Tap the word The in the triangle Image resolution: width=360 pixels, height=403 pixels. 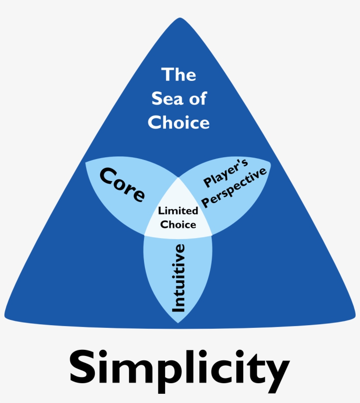[x=179, y=75]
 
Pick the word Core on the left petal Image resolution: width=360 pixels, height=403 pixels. [x=122, y=184]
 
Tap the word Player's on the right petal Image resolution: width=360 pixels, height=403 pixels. [x=226, y=173]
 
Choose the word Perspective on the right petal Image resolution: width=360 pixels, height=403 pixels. [x=234, y=188]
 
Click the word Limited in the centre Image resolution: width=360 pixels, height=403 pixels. [x=178, y=211]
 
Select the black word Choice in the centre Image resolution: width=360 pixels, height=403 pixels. [x=178, y=225]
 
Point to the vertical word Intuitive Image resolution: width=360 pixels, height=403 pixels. [x=178, y=278]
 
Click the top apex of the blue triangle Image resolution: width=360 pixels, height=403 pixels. [x=180, y=18]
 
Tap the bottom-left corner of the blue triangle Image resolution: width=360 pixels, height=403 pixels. [x=5, y=316]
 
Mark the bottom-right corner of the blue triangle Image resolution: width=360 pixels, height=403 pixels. [x=355, y=316]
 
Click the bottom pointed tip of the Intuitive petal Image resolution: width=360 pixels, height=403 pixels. [x=178, y=323]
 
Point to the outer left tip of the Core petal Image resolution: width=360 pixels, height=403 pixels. [x=86, y=162]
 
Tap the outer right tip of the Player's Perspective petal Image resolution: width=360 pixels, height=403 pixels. [x=270, y=162]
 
